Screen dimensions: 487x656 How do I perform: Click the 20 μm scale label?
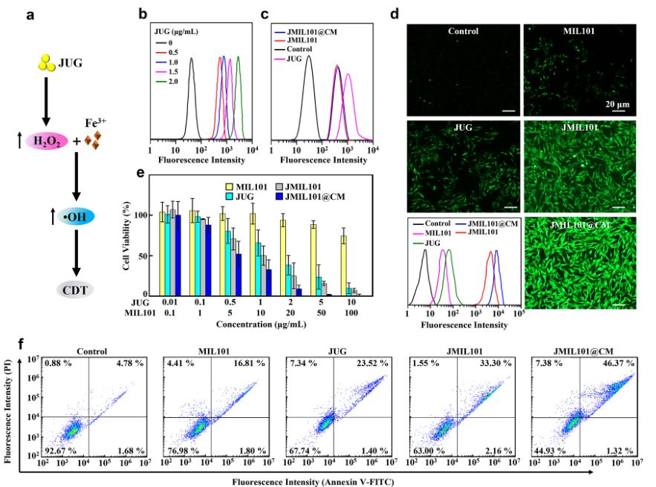[617, 103]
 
